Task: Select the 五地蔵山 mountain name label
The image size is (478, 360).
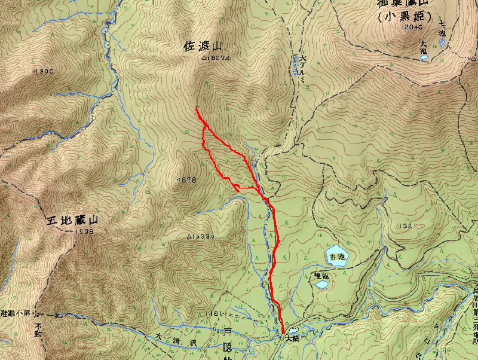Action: pos(72,221)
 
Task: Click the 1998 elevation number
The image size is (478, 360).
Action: pos(85,231)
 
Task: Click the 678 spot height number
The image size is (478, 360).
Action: pos(189,179)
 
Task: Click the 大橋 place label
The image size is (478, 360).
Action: pos(292,338)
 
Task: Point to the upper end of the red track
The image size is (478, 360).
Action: pos(196,108)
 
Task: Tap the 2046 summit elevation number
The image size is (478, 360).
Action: pos(412,27)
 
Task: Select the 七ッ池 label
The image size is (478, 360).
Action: pos(443,29)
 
